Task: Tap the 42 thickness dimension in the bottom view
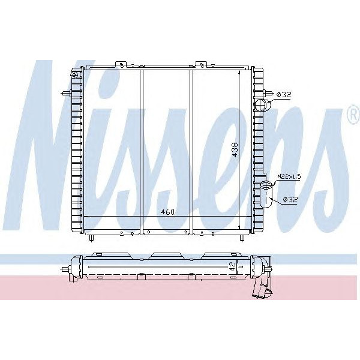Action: (x=232, y=268)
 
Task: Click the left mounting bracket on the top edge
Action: (x=122, y=64)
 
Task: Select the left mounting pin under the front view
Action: (x=91, y=237)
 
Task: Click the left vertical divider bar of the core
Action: (x=141, y=150)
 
